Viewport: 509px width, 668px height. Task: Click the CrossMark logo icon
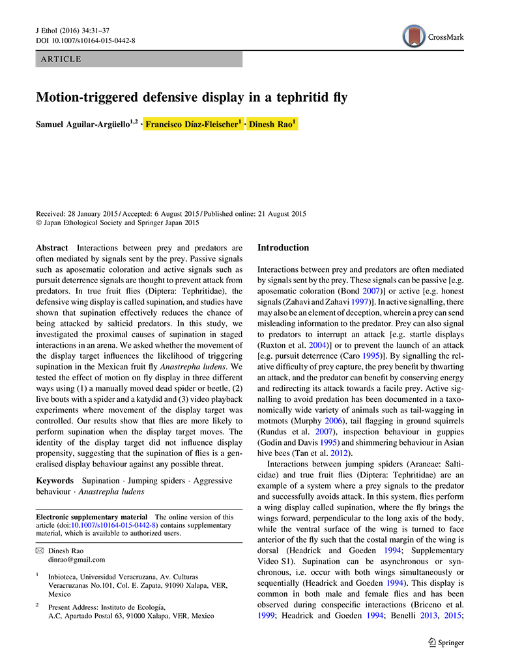pos(414,36)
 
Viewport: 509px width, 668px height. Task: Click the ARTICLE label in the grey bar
pos(61,59)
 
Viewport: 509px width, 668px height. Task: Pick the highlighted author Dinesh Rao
pos(272,124)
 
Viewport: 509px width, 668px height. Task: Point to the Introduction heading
pos(284,248)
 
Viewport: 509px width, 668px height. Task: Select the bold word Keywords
pos(55,481)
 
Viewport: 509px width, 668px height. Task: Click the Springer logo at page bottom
pos(446,643)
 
